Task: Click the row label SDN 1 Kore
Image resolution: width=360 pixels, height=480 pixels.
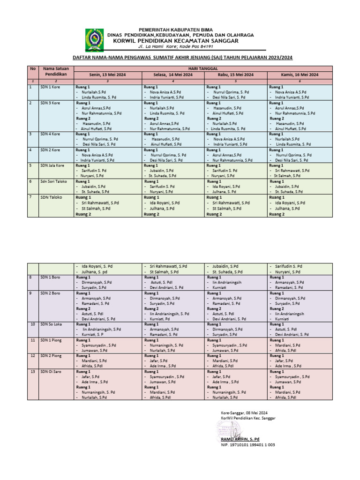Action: pos(50,87)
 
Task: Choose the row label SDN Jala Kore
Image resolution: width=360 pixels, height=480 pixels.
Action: pos(52,165)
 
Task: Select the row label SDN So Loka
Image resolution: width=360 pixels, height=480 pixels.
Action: pos(52,324)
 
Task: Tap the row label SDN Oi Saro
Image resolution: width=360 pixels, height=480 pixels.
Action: pos(51,372)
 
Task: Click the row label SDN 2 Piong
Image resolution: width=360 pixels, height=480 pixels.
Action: pos(51,356)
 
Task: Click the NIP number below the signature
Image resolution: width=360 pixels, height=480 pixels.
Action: pos(248,445)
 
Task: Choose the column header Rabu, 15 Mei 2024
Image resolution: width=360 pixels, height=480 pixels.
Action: pos(236,75)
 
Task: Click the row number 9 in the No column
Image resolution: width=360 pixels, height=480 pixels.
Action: pos(31,293)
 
